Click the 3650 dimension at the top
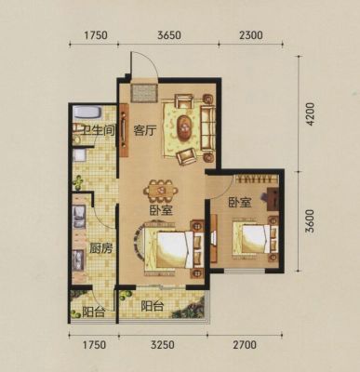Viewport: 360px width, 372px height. click(169, 35)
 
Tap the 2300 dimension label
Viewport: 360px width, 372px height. click(251, 35)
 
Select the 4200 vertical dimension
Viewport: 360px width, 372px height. click(310, 114)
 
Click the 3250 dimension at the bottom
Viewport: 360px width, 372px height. click(164, 345)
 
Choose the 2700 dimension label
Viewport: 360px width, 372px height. click(245, 345)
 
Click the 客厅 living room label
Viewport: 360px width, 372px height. click(144, 130)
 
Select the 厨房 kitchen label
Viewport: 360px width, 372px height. click(100, 248)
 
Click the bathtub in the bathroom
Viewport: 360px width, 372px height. click(87, 113)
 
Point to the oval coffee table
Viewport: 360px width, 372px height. click(184, 127)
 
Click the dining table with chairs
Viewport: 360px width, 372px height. click(161, 190)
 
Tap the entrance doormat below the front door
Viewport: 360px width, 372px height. click(143, 92)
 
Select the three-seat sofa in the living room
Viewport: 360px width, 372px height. click(207, 128)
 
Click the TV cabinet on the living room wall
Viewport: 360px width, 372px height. click(124, 130)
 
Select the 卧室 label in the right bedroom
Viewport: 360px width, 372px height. click(240, 203)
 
